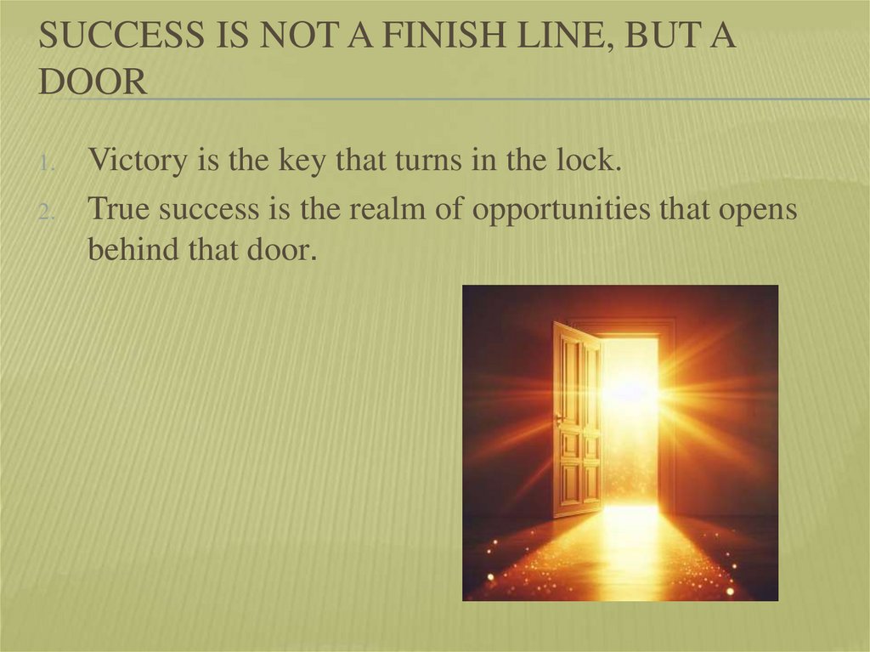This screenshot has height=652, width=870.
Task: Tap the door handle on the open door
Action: coord(558,418)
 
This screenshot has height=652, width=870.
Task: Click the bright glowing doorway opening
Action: coord(630,417)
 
